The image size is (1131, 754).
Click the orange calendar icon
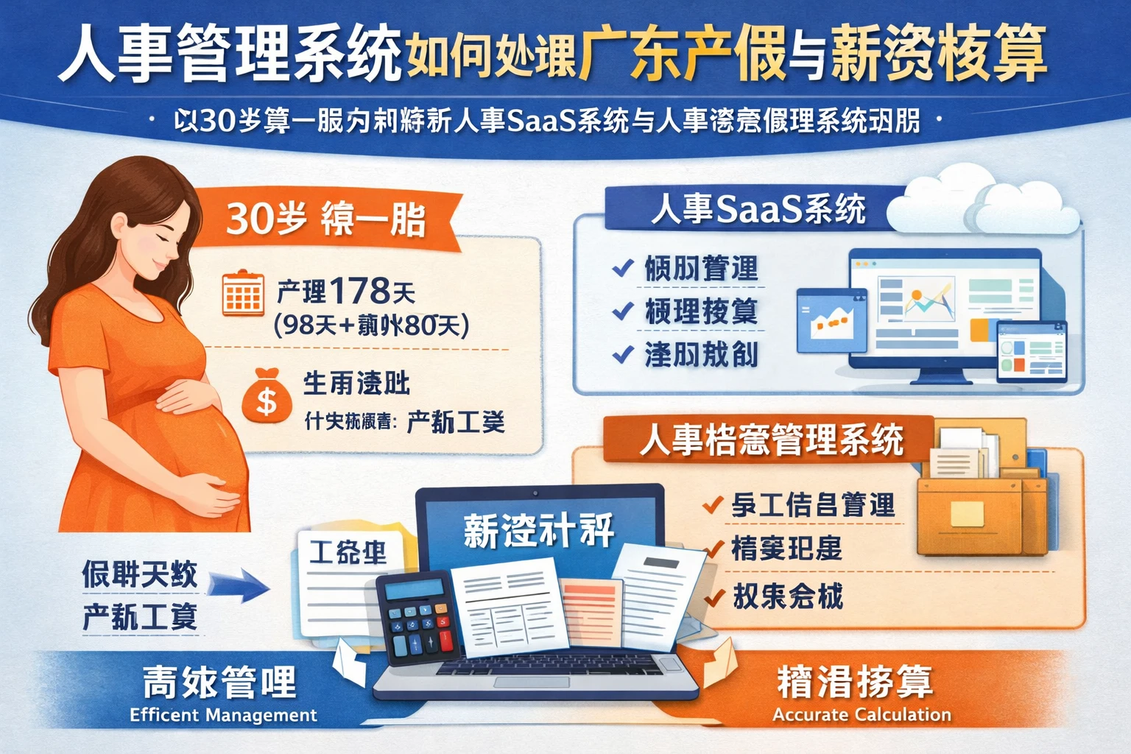(x=242, y=293)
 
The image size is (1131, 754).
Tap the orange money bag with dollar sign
(x=266, y=397)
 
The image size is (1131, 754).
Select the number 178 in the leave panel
(x=359, y=291)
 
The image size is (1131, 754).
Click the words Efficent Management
(x=223, y=715)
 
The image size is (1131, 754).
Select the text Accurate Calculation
(x=862, y=714)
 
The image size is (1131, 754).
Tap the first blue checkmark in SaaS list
(x=623, y=268)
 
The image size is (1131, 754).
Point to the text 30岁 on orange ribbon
(x=265, y=219)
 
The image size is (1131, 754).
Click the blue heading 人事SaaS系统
(x=758, y=209)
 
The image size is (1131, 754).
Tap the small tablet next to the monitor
(x=1031, y=351)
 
